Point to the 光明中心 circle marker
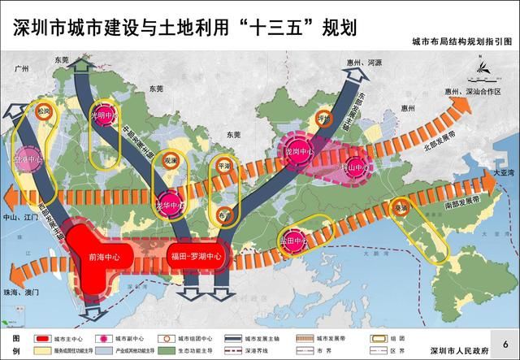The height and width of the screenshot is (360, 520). (x=102, y=115)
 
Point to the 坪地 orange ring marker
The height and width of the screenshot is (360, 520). (x=327, y=116)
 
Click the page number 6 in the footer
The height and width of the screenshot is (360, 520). (x=505, y=345)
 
